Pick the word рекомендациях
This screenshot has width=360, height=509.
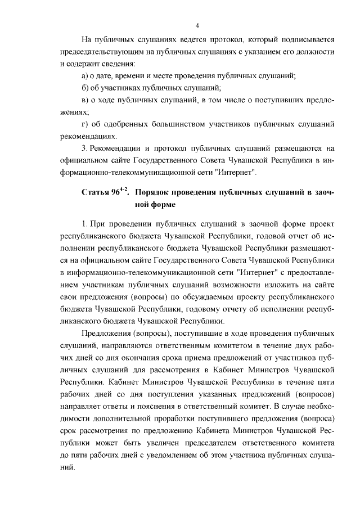[x=88, y=136]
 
